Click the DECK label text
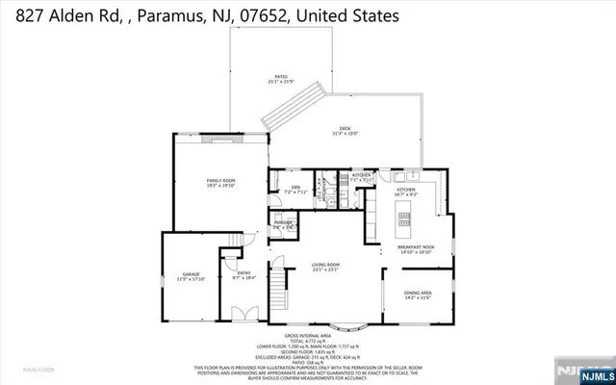coord(345,131)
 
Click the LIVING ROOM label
coord(324,266)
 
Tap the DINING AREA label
coord(417,294)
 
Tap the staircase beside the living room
coord(278,288)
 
